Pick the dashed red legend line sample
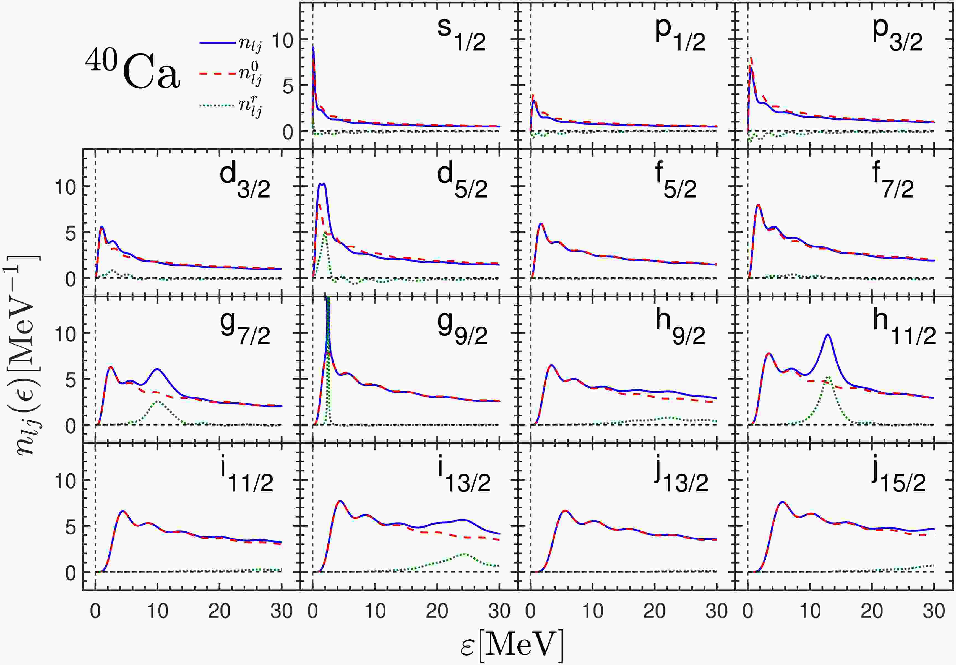click(218, 73)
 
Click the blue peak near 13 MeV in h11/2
click(828, 335)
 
